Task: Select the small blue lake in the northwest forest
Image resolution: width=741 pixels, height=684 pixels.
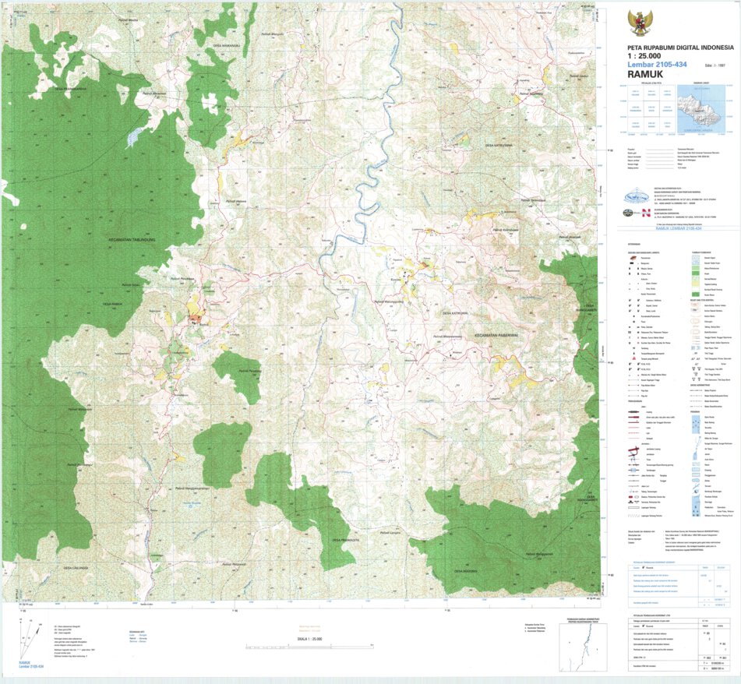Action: (x=132, y=138)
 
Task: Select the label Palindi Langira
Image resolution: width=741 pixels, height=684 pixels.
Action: (x=390, y=533)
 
